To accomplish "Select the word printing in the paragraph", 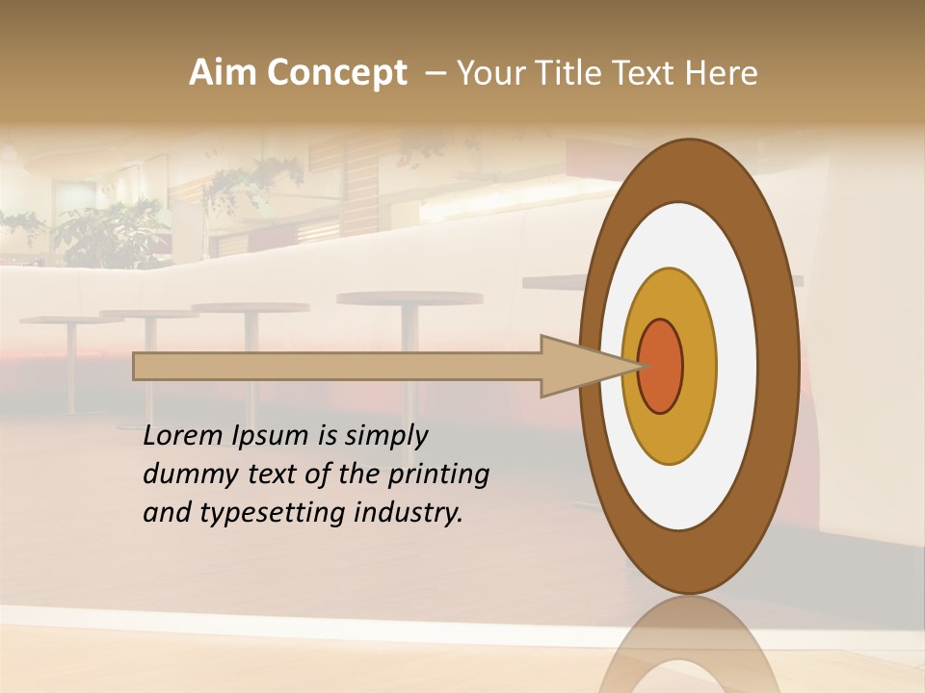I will click(x=437, y=475).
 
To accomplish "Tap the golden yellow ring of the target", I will click(x=699, y=367).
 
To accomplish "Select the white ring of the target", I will click(x=736, y=367).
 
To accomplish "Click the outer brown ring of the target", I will click(x=779, y=367).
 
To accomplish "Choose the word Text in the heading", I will click(x=645, y=73).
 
